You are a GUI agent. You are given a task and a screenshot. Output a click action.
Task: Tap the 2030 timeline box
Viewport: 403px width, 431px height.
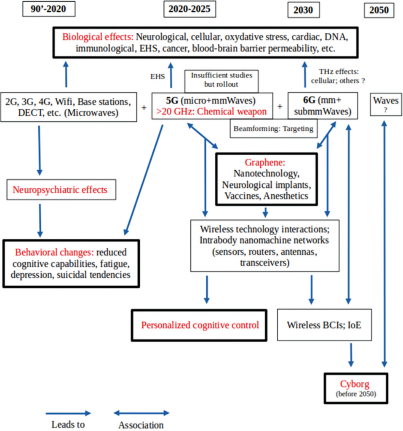tap(303, 10)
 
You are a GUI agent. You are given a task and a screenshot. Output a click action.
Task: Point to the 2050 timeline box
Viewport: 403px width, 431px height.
tap(379, 10)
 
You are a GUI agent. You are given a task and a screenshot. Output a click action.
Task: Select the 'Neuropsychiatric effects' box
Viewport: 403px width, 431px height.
tap(60, 190)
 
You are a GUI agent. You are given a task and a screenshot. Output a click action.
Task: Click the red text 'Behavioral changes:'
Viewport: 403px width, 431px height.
tap(54, 253)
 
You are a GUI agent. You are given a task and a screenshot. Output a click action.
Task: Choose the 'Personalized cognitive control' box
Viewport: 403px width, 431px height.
tap(200, 325)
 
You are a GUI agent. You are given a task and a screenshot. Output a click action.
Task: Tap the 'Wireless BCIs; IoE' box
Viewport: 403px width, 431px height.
tap(324, 325)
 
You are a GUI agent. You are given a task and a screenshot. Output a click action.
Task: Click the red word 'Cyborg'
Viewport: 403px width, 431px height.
tap(353, 385)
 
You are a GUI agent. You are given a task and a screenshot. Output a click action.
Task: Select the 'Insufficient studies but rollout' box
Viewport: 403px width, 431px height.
tap(222, 79)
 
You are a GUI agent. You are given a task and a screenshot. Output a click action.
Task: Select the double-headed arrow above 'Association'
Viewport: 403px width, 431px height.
tap(141, 413)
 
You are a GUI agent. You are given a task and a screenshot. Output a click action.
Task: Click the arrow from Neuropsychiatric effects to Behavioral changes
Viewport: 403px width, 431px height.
tap(40, 220)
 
